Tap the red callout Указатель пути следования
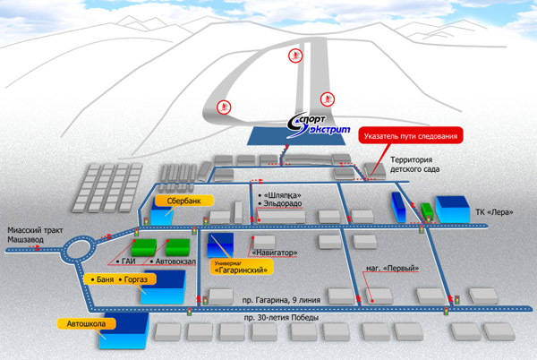413,137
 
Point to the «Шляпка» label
280,194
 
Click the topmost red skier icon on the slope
294,56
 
